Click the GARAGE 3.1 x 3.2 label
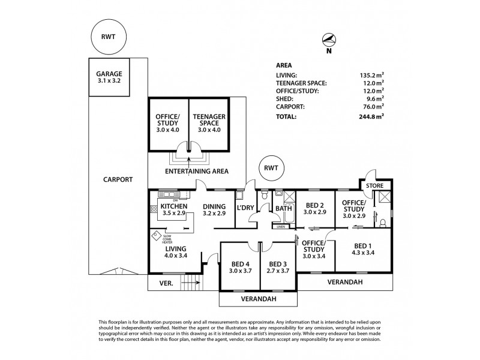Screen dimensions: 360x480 [x=109, y=78]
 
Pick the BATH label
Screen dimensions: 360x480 [x=284, y=209]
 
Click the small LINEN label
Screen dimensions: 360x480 [x=280, y=227]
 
